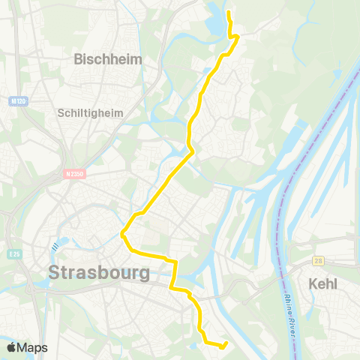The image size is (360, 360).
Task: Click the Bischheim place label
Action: pos(108,58)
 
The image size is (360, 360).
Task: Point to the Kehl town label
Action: pos(323,283)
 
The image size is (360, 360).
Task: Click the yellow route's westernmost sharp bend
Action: pos(122,234)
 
